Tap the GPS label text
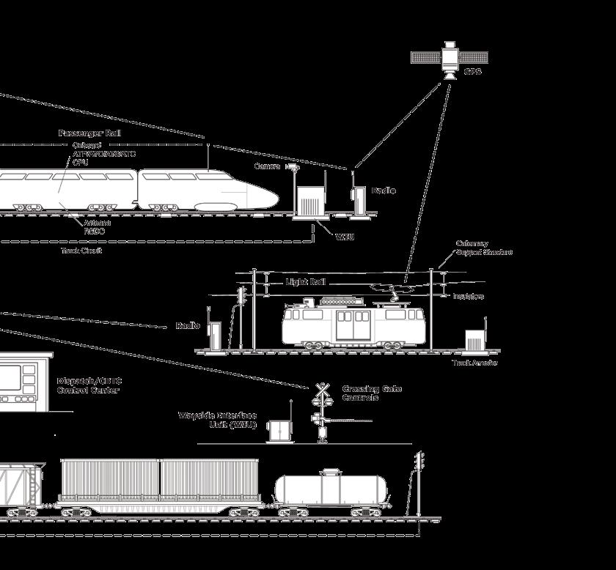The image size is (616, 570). click(473, 73)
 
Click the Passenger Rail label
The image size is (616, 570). click(89, 133)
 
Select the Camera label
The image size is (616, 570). click(267, 167)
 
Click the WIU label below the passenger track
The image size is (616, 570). click(345, 237)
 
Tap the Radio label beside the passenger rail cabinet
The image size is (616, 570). click(384, 190)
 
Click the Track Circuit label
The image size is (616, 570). click(81, 251)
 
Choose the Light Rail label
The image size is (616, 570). click(305, 282)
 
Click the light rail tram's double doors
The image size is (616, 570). click(353, 325)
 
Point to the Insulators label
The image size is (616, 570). click(468, 297)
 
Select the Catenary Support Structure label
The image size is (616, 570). click(484, 248)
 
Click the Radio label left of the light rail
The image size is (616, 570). click(188, 326)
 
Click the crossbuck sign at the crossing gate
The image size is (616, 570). click(321, 390)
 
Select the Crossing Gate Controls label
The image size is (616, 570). click(372, 393)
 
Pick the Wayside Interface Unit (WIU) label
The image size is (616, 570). click(218, 420)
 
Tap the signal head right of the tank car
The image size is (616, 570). click(419, 462)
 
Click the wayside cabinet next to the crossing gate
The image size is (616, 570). click(279, 430)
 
